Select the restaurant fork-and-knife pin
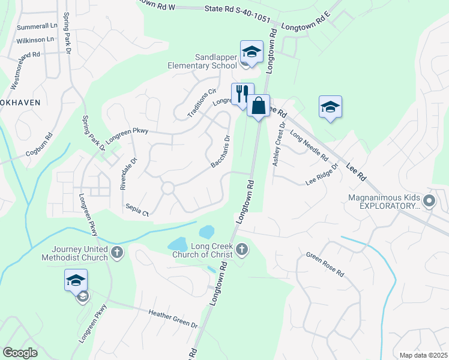[x=243, y=94]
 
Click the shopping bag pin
[x=258, y=106]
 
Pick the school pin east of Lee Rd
[x=330, y=107]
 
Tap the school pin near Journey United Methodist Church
[x=76, y=280]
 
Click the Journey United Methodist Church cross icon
[x=117, y=253]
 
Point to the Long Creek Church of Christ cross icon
[x=242, y=248]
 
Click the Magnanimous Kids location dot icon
[x=429, y=200]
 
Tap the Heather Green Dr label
[x=173, y=318]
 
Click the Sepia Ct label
[x=137, y=209]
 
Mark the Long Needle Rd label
[x=309, y=146]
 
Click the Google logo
[x=20, y=353]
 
